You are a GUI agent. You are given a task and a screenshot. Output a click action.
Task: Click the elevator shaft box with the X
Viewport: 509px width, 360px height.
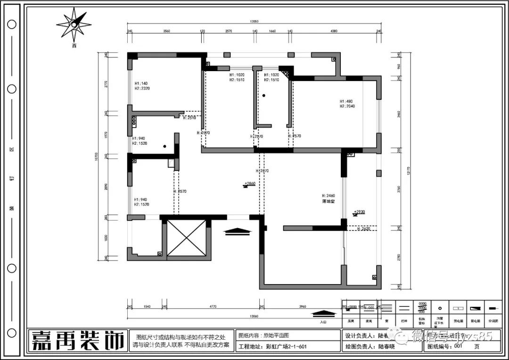pos(187,238)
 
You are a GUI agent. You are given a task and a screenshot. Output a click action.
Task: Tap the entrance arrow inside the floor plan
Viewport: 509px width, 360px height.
pos(238,231)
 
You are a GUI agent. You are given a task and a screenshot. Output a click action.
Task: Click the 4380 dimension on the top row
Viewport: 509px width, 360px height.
pos(334,31)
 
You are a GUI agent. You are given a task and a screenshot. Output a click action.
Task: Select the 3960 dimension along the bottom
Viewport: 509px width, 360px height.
pos(302,307)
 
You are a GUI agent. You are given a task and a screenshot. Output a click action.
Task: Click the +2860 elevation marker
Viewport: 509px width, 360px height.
pos(249,184)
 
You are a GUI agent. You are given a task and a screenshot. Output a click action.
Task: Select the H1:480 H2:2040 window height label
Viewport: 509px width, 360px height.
pos(347,104)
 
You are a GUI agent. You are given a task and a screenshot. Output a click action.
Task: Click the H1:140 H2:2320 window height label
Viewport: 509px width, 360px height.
pos(142,85)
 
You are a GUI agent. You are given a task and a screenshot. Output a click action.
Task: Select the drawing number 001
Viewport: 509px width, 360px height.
pos(458,346)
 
